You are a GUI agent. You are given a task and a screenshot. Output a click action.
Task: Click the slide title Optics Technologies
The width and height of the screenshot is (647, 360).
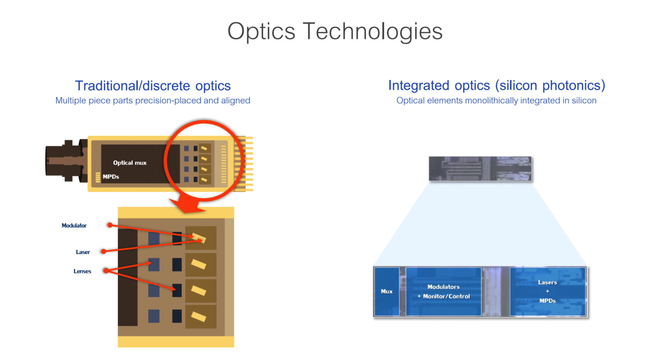pos(335,31)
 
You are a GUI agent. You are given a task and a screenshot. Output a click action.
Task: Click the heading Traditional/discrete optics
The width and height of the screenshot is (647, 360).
pos(153,86)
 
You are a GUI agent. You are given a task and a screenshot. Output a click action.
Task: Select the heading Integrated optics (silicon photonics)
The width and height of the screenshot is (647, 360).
pos(497,85)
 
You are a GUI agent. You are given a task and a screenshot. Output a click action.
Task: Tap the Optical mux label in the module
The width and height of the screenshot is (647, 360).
pos(130,163)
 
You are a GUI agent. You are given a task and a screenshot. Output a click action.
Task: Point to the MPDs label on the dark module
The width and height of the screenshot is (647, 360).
pos(111,177)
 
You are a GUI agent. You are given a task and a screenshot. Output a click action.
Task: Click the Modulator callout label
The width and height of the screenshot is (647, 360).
pos(74,226)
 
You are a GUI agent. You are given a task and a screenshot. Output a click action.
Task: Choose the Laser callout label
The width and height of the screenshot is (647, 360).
pos(83,252)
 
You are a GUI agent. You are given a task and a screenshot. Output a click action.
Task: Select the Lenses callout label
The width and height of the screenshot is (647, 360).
pos(82,271)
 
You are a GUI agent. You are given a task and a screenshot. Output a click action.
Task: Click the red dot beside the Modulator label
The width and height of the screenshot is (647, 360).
pos(110,225)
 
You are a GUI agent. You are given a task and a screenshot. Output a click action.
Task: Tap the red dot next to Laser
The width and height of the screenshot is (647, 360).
pos(104,251)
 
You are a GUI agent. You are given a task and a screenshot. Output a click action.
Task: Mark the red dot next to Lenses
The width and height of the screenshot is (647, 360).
pos(106,271)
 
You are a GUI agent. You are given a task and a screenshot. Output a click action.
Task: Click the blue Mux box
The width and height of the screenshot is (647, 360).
pos(387,291)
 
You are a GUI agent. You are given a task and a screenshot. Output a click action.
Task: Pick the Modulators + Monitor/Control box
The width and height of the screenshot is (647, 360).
pos(443,291)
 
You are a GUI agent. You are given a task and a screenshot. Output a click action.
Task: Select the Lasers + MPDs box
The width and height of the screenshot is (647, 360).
pos(547,291)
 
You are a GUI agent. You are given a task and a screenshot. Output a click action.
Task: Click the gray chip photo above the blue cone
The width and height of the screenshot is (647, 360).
pos(480,169)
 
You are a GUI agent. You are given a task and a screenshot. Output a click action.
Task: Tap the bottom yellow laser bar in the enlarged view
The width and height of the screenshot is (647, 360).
pos(198,317)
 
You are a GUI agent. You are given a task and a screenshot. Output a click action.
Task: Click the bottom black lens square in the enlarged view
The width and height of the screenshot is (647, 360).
pos(177,316)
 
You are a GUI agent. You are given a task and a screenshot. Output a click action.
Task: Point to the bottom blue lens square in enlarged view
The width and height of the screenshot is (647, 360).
pos(154,316)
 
